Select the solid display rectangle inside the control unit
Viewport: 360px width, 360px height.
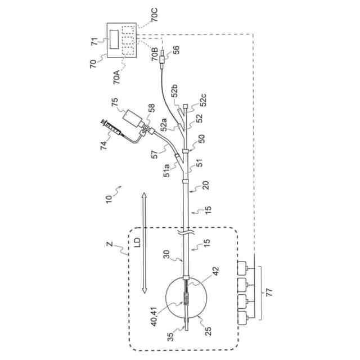116,39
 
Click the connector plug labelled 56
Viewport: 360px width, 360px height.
162,59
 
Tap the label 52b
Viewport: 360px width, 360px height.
174,91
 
